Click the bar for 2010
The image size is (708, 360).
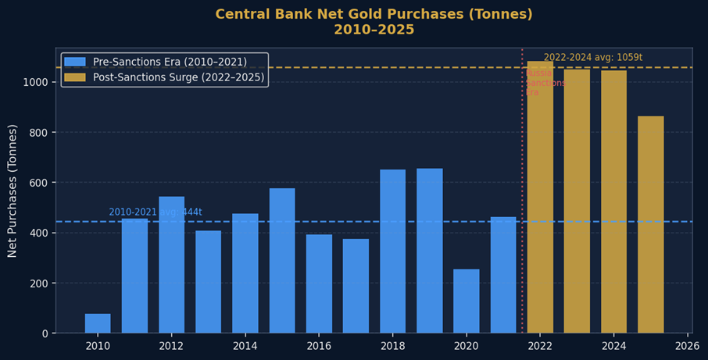[x=98, y=323]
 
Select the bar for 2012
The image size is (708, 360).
[x=171, y=265]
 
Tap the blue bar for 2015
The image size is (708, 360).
[x=282, y=261]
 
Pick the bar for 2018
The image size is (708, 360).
[x=392, y=251]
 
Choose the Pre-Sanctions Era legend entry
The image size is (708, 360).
[x=169, y=62]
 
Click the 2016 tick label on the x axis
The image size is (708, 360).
[x=319, y=345]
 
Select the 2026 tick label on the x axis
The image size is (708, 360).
[x=687, y=345]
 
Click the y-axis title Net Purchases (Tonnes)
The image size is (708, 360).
[x=13, y=191]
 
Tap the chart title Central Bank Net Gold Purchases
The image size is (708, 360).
[x=374, y=15]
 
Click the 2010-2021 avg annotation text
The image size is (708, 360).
[x=156, y=212]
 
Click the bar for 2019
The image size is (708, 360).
[x=430, y=251]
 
